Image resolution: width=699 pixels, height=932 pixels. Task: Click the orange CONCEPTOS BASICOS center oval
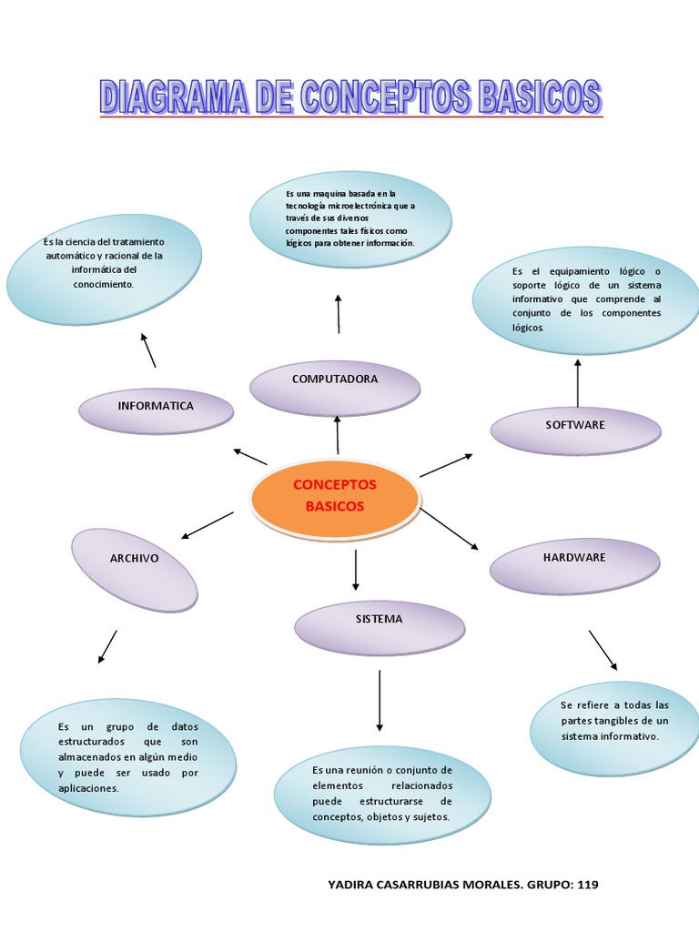[x=334, y=496]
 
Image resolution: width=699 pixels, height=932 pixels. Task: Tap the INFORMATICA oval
[x=156, y=410]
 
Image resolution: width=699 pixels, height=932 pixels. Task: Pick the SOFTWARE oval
[x=575, y=430]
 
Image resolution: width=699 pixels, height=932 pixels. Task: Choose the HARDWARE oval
[x=574, y=564]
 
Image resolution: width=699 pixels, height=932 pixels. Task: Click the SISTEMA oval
[x=380, y=625]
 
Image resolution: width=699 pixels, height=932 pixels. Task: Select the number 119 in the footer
[x=588, y=884]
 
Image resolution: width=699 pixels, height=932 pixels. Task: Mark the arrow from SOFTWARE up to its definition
[x=577, y=383]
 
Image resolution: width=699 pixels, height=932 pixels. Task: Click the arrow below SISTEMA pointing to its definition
[x=380, y=701]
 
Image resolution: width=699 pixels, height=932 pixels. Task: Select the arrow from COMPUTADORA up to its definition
[x=338, y=314]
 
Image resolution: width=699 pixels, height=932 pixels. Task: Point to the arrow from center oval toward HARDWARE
[x=449, y=528]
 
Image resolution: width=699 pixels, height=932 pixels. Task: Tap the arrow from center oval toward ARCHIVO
[x=208, y=525]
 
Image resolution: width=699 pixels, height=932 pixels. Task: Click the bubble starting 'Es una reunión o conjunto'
[x=381, y=793]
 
